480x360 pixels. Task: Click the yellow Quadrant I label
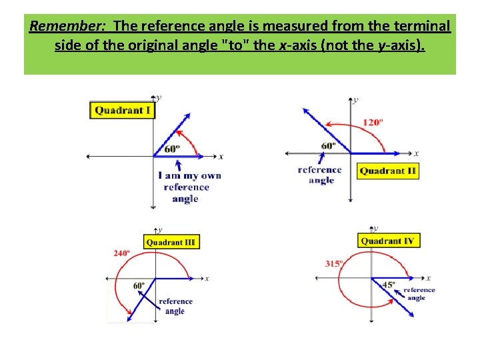[122, 110]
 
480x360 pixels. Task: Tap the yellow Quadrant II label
[387, 171]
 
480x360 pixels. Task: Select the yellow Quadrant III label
[171, 242]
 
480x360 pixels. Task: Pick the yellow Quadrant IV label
[389, 241]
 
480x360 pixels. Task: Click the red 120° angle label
[373, 122]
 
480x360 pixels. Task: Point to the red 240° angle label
[121, 253]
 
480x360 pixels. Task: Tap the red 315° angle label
[334, 263]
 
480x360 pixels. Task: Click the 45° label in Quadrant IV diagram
[389, 285]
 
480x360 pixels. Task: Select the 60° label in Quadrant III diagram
[139, 286]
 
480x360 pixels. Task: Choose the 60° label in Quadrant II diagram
[328, 146]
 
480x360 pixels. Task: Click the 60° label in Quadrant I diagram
[172, 149]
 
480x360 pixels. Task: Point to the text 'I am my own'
[190, 176]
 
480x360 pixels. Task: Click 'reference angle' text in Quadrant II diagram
[320, 175]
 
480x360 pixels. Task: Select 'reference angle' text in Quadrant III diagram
[175, 306]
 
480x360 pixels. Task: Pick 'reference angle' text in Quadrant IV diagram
[419, 293]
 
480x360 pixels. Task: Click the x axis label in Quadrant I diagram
[221, 157]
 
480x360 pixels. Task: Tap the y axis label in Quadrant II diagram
[356, 100]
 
